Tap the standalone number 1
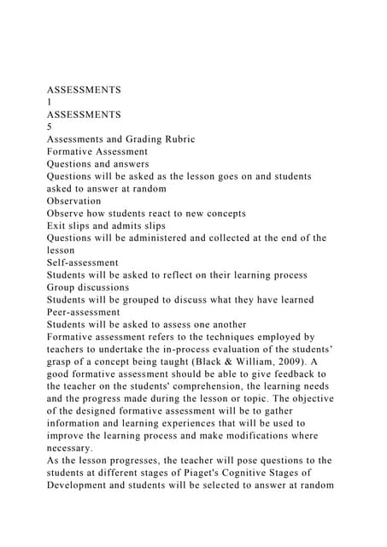click(50, 101)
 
